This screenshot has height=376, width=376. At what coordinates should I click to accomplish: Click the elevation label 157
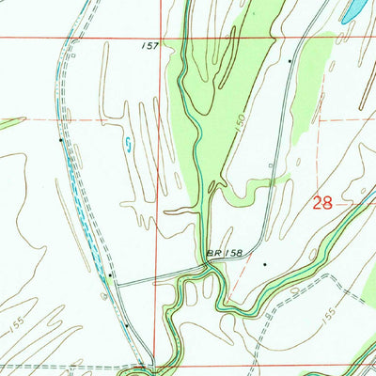151,43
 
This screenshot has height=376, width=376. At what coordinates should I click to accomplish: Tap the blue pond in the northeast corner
354,11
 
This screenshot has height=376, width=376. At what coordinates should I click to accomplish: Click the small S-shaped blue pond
128,144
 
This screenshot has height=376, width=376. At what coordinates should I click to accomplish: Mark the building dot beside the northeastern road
290,60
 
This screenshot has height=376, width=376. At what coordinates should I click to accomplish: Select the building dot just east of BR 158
266,264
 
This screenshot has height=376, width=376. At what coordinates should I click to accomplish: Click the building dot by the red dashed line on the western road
61,140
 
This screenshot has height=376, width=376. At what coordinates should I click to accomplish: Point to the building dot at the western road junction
110,275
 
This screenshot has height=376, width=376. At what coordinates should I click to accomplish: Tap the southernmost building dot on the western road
127,324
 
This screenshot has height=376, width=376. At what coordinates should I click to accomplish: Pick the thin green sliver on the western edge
9,122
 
